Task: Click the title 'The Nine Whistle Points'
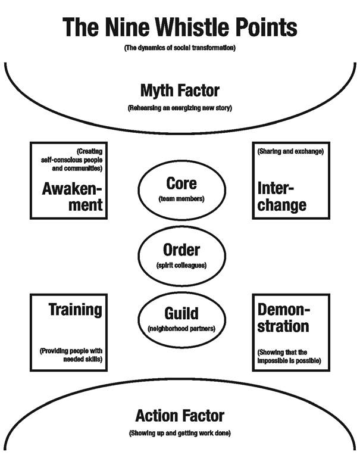(180, 27)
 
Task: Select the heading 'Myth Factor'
(180, 91)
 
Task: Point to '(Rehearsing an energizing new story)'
(180, 109)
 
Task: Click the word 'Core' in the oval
(181, 183)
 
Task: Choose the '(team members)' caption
(181, 199)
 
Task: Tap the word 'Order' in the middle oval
(181, 251)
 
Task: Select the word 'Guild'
(181, 313)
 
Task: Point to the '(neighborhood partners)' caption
(181, 329)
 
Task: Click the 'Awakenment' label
(72, 197)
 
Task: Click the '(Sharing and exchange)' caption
(290, 151)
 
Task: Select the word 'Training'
(75, 310)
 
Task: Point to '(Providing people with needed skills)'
(70, 356)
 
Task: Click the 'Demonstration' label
(283, 319)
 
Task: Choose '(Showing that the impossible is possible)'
(289, 356)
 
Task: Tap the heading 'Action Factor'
(180, 415)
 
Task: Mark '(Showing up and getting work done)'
(180, 432)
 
